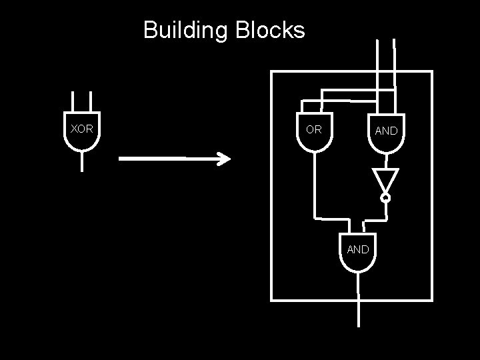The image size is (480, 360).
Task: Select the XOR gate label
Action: (81, 129)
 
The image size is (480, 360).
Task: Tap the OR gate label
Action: (313, 129)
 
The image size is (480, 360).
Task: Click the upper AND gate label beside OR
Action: (386, 131)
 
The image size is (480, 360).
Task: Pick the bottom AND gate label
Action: (358, 249)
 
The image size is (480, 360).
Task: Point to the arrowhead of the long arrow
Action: (225, 159)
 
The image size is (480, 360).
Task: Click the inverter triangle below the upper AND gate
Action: (385, 179)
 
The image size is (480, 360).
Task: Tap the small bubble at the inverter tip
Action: (385, 197)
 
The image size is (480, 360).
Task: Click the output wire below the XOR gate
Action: (82, 162)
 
